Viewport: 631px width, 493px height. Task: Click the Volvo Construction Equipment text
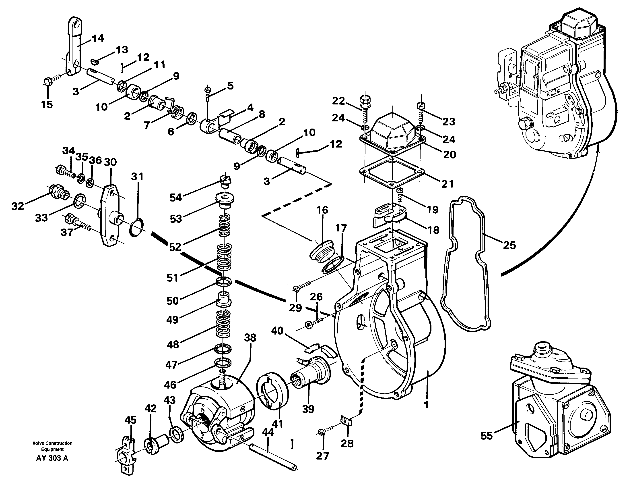52,446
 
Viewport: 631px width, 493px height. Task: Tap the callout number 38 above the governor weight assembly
250,337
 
